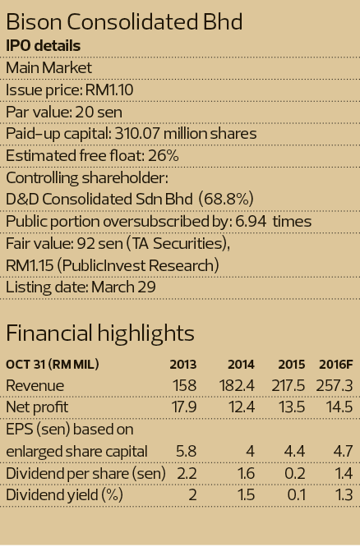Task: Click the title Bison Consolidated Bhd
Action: pyautogui.click(x=124, y=22)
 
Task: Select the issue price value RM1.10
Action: pyautogui.click(x=109, y=90)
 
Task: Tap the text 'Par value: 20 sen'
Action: pyautogui.click(x=64, y=112)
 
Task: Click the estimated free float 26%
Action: pyautogui.click(x=164, y=155)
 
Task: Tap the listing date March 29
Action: pyautogui.click(x=123, y=287)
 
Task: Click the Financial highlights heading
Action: pyautogui.click(x=100, y=333)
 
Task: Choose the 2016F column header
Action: pyautogui.click(x=336, y=365)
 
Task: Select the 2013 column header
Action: pyautogui.click(x=183, y=365)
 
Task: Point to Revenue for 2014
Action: pyautogui.click(x=237, y=386)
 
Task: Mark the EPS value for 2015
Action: pyautogui.click(x=294, y=452)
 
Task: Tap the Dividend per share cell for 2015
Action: pyautogui.click(x=295, y=473)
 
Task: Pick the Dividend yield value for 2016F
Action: pyautogui.click(x=343, y=495)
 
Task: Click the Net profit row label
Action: pyautogui.click(x=37, y=407)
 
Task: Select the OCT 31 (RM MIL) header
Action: pyautogui.click(x=53, y=365)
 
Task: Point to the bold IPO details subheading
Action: pyautogui.click(x=44, y=46)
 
